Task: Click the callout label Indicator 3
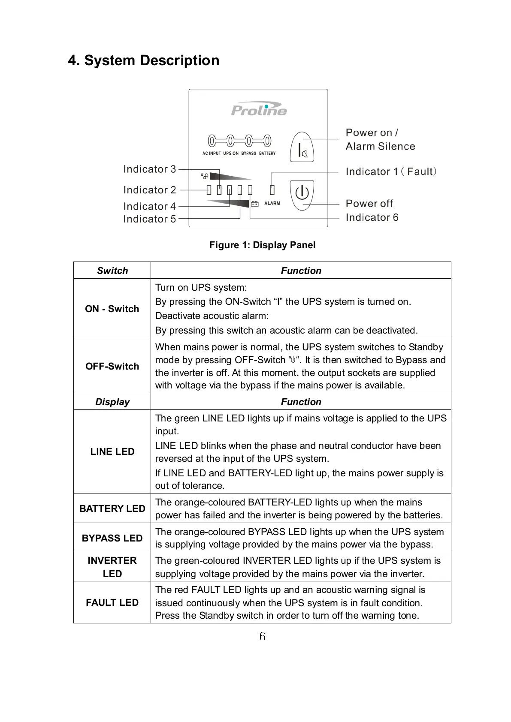149,169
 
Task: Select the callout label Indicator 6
372,217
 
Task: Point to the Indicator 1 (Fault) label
391,171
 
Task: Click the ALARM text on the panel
272,203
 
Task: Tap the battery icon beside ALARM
255,204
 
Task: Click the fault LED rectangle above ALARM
272,190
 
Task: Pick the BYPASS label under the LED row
249,153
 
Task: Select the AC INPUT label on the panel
212,153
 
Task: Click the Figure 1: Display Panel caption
262,245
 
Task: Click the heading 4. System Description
144,60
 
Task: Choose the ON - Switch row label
112,309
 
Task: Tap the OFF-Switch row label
112,366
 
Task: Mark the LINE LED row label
112,451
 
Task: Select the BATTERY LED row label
112,508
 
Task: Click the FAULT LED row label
112,602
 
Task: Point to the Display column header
112,402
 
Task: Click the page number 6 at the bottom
262,636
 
